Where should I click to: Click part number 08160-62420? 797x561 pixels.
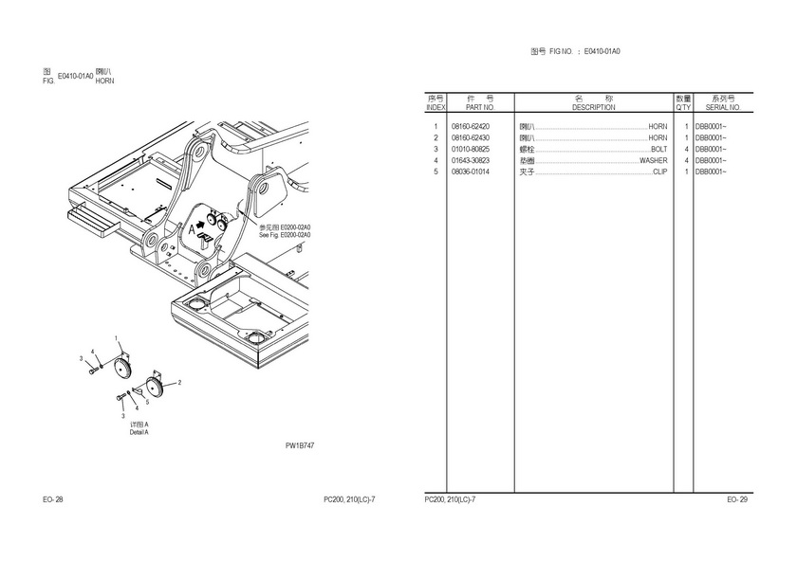(x=471, y=127)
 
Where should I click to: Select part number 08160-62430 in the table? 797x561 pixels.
(x=471, y=138)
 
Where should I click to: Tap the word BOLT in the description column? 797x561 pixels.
(x=658, y=150)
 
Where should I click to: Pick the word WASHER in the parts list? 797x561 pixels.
(x=653, y=161)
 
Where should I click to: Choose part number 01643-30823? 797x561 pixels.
(x=471, y=161)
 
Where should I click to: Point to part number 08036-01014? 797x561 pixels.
(x=471, y=172)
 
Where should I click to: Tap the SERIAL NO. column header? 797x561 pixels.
(x=723, y=107)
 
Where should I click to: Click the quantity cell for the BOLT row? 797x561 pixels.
(x=685, y=150)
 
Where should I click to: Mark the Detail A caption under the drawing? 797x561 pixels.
(x=139, y=432)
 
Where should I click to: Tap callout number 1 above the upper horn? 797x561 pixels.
(x=117, y=339)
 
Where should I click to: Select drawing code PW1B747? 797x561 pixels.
(x=299, y=444)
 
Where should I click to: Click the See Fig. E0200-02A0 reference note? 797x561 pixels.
(x=285, y=234)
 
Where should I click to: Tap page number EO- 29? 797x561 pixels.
(x=737, y=499)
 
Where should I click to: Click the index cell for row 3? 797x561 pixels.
(x=436, y=150)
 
